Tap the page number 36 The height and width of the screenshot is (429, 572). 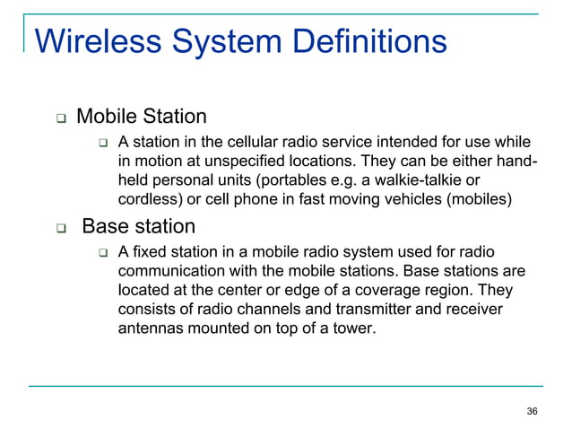point(533,411)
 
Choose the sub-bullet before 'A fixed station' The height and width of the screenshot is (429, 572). point(103,251)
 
